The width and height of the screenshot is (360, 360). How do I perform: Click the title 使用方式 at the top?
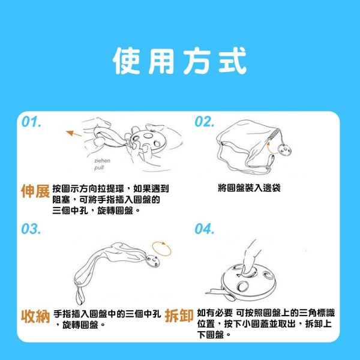point(180,61)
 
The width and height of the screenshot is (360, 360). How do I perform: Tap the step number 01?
point(31,122)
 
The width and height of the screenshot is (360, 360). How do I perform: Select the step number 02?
point(205,122)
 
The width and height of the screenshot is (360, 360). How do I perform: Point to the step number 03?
point(31,229)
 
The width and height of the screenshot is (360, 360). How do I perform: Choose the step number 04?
point(205,229)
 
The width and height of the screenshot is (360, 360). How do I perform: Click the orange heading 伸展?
point(35,191)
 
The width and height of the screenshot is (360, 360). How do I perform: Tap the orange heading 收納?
point(35,316)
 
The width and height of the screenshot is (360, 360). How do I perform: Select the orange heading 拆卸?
point(179,316)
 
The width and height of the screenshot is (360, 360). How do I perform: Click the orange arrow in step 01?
point(74,133)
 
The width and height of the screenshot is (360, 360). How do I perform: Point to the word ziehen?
point(102,161)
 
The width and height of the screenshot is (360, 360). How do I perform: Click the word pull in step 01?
point(99,167)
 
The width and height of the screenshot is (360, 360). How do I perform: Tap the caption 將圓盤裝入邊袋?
point(249,188)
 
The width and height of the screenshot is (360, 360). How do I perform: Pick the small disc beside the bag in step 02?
point(284,150)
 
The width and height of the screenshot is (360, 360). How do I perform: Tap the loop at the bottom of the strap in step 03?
point(80,295)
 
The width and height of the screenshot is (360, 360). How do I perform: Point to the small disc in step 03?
point(152,261)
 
